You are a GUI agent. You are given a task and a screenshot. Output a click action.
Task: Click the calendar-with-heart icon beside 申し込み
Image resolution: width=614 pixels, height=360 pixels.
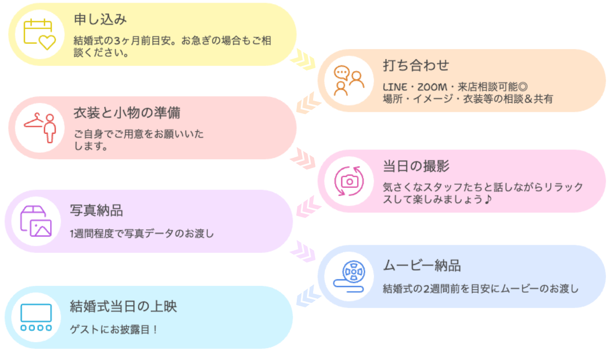click(39, 34)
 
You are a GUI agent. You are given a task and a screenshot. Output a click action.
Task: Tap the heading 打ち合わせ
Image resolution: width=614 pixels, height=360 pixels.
click(416, 65)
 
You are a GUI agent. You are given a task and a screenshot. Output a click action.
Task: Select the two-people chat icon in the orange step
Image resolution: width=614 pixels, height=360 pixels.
click(349, 81)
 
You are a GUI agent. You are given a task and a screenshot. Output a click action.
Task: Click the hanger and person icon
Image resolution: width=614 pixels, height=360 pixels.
click(39, 128)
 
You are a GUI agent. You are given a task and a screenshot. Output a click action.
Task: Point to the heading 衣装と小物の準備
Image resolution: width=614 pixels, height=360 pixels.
click(127, 112)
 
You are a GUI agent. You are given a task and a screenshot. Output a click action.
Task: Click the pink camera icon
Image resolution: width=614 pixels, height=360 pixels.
click(349, 181)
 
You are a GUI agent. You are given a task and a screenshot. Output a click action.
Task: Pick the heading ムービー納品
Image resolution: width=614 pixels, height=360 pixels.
click(422, 266)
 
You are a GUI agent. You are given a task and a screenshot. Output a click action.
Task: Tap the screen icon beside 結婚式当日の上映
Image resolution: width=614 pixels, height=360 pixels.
click(36, 317)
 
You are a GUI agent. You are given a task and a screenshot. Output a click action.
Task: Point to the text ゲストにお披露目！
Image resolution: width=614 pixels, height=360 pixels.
click(113, 330)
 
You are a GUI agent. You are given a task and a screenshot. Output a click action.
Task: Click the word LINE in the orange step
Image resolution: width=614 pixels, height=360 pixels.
click(395, 86)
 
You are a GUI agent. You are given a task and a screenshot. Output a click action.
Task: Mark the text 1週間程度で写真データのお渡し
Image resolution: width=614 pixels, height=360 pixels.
click(141, 234)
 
